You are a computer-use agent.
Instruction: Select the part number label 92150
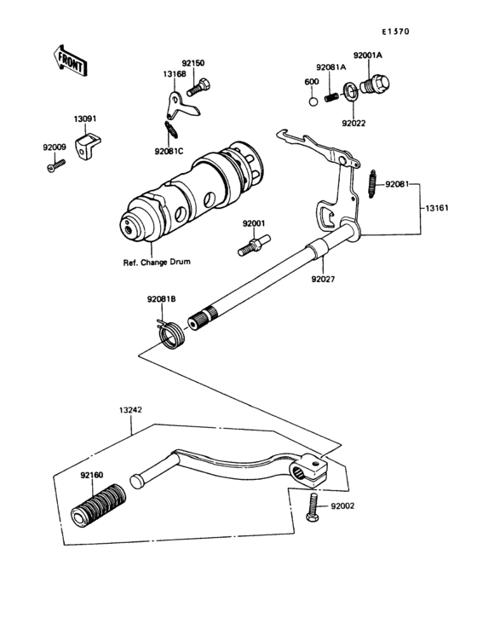tap(193, 63)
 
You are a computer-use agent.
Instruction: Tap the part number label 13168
tap(175, 75)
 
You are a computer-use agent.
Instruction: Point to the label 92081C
tap(169, 152)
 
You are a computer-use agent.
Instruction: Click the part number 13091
tap(83, 120)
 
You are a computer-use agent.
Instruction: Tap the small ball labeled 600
tap(313, 101)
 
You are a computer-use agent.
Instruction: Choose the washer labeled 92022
tap(350, 90)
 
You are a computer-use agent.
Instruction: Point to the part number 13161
tap(434, 206)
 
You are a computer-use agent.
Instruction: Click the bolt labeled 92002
tap(313, 506)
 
